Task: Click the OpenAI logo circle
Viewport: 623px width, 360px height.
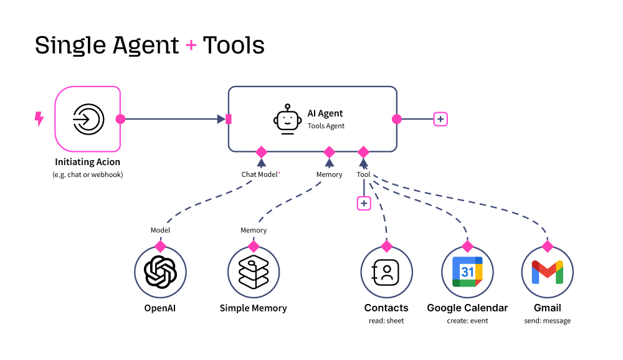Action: click(x=160, y=272)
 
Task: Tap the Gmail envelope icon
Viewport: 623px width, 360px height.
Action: click(x=547, y=272)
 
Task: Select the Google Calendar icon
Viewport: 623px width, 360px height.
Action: click(x=467, y=272)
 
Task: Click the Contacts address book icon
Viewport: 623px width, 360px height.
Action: click(x=386, y=272)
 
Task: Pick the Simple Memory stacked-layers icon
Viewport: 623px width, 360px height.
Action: click(x=254, y=272)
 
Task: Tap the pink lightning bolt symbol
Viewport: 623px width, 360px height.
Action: click(x=39, y=119)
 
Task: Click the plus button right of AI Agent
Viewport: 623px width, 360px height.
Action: click(x=440, y=119)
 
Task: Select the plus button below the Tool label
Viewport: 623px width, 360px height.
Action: click(x=364, y=203)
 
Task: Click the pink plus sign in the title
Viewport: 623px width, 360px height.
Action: click(x=191, y=45)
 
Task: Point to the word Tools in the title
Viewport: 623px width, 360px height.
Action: click(x=234, y=45)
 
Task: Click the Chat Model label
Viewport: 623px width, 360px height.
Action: click(x=260, y=174)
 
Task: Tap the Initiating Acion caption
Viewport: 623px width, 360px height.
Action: click(x=87, y=162)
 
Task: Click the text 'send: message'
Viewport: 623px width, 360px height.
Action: click(x=547, y=321)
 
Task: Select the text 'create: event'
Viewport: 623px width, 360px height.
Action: click(x=467, y=321)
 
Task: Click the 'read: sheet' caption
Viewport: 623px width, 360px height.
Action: click(x=386, y=321)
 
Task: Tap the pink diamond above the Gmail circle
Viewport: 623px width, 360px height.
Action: click(x=547, y=246)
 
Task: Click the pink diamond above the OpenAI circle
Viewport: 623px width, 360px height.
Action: click(x=160, y=246)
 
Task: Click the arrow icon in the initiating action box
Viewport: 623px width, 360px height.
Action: click(x=88, y=119)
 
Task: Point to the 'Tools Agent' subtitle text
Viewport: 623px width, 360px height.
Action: click(x=326, y=126)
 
